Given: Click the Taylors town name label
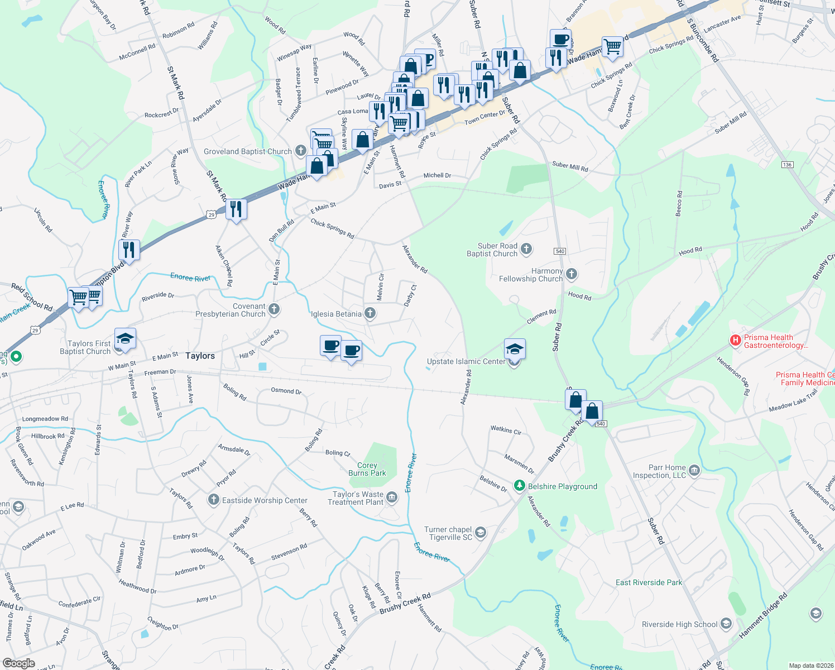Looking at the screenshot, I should pos(200,356).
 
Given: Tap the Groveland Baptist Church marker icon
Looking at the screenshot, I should pos(301,150).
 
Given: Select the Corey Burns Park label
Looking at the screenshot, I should pos(367,469).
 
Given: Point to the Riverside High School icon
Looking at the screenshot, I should pos(726,624).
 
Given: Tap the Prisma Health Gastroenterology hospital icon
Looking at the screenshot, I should pos(735,339).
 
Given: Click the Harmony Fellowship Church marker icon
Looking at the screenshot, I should pos(571,274).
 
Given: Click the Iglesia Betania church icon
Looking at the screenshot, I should pos(370,313).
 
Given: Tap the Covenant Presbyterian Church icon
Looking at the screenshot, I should pos(273,309).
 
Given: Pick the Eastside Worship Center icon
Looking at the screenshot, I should pos(213,500).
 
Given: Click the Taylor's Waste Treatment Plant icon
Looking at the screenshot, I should pos(392,497).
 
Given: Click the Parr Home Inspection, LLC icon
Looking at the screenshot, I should pos(694,470).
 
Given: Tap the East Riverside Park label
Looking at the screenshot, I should pos(649,582).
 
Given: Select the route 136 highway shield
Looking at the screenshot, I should pos(787,165).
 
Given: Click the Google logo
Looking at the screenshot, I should pos(19,663).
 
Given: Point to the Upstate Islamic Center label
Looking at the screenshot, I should pos(466,361).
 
